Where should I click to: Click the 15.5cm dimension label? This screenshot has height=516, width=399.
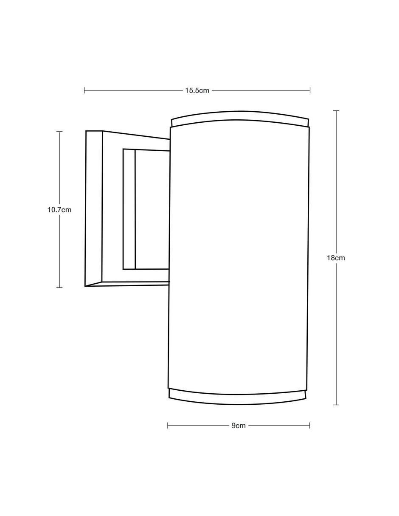pos(197,90)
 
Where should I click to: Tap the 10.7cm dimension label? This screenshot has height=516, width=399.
pos(59,210)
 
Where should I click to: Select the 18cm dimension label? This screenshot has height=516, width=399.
pos(336,258)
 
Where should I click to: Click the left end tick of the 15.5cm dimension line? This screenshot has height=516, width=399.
pos(84,90)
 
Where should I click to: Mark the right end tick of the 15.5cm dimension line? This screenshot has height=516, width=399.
pos(310,90)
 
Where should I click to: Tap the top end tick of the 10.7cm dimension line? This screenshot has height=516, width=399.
pos(59,132)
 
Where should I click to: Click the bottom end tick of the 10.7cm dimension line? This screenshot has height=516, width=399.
pos(59,288)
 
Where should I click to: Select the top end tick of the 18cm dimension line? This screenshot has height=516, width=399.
pos(336,110)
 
